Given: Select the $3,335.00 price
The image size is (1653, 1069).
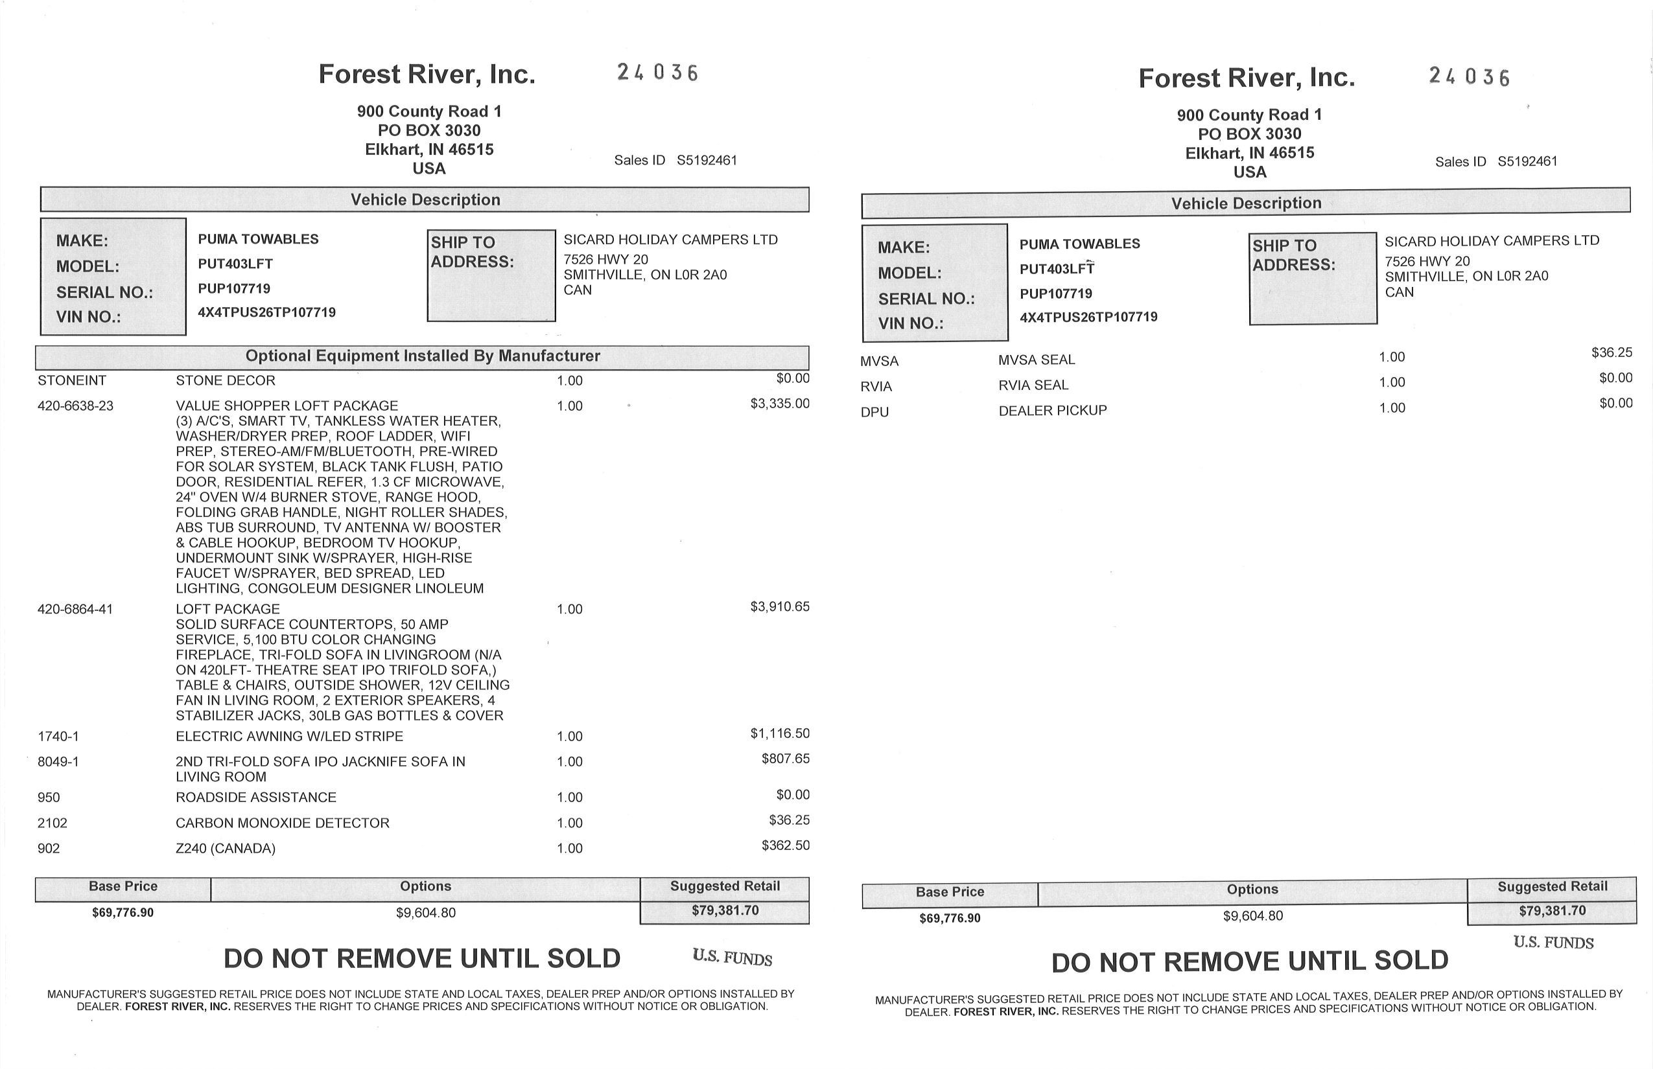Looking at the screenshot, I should [779, 403].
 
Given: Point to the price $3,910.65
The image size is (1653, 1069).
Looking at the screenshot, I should [779, 606].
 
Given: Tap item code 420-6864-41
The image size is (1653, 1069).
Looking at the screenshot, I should [75, 610].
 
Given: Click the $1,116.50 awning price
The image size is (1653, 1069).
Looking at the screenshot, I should [779, 733].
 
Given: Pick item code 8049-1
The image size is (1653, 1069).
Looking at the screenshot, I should [58, 761].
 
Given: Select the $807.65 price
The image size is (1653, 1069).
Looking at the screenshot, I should [785, 758].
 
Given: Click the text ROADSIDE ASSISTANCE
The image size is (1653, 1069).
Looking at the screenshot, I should [255, 797].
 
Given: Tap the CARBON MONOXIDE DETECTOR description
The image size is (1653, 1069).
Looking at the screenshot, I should [282, 823].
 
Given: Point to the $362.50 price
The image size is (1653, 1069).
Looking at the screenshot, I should [785, 845].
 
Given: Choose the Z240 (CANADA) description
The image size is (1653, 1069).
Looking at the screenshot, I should [225, 848].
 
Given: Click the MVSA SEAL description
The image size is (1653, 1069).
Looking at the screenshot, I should [1037, 360].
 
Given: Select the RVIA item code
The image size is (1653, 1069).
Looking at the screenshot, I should [876, 387].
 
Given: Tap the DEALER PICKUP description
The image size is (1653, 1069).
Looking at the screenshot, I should [1052, 410].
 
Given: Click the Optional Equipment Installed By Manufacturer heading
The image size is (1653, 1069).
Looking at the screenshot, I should [422, 356].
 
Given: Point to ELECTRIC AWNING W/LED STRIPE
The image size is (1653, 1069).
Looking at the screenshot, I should [289, 736].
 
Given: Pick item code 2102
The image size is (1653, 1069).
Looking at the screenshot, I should [52, 823].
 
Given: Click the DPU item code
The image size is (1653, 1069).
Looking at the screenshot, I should [874, 411].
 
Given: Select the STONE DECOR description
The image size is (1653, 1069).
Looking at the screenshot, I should [225, 380].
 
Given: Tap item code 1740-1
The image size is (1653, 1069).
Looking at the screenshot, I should [58, 737].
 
